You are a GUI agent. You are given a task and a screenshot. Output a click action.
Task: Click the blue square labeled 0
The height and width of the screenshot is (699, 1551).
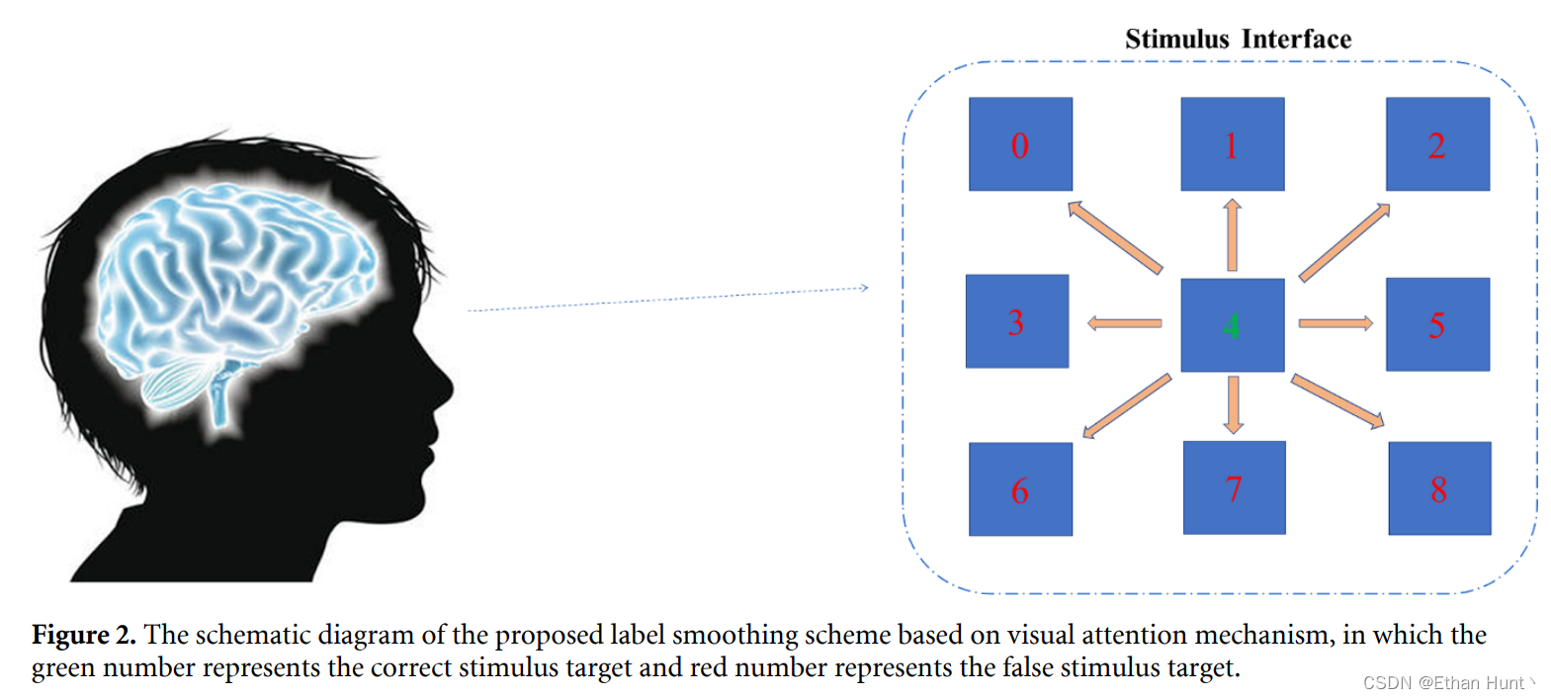point(1020,144)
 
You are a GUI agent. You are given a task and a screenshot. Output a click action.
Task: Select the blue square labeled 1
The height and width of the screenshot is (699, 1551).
point(1232,144)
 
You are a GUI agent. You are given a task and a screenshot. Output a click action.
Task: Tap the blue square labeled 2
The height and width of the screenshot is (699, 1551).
point(1437,144)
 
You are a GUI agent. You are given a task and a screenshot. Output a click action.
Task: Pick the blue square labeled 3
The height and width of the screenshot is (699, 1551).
point(1016,321)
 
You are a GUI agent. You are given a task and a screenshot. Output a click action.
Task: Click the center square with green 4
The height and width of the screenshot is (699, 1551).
point(1232,324)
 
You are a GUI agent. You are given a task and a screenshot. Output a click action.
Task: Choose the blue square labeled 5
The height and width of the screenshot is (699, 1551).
point(1437,324)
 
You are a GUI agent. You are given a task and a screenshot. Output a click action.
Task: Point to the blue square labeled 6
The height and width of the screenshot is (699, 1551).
point(1020,489)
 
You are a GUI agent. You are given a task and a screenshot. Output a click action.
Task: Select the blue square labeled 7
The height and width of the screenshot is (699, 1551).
point(1234,488)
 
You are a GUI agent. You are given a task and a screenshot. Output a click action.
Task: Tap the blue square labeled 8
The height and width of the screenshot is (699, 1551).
point(1439,488)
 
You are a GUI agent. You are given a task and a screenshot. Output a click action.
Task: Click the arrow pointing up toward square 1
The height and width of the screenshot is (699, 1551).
point(1232,234)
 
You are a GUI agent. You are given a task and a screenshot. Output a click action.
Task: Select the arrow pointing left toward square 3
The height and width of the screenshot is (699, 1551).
point(1124,323)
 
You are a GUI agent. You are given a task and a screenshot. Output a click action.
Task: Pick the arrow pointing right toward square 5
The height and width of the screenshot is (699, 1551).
point(1336,323)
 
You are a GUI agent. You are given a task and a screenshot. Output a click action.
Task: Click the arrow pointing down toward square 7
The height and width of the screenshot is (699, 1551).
point(1233,404)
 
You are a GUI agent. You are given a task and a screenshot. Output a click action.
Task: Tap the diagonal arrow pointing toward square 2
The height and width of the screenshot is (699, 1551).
point(1344,242)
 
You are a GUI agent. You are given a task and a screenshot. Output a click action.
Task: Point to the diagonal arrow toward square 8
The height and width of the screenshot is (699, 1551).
point(1337,400)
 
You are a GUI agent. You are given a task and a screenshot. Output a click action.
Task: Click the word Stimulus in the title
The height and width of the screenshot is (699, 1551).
point(1176,40)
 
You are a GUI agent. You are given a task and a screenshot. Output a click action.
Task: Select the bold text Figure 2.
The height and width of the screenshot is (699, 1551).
point(84,635)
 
